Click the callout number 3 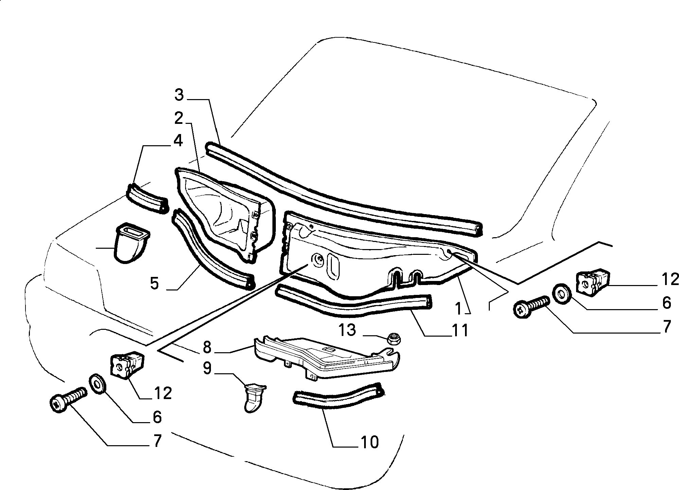(179, 95)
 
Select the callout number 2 (179, 118)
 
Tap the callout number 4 (178, 140)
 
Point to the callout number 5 (155, 283)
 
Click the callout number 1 (459, 308)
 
